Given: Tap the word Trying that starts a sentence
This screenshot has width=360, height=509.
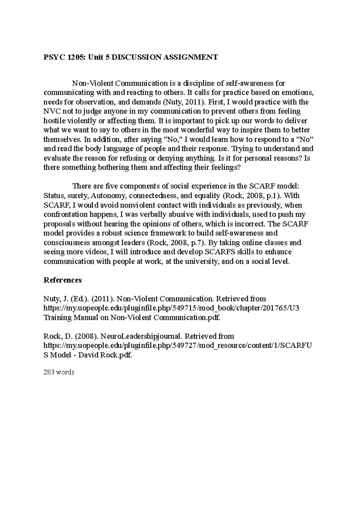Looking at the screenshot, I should [238, 149].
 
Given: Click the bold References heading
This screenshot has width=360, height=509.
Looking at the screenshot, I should [63, 280].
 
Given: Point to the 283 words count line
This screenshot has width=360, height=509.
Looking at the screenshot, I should [59, 372].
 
